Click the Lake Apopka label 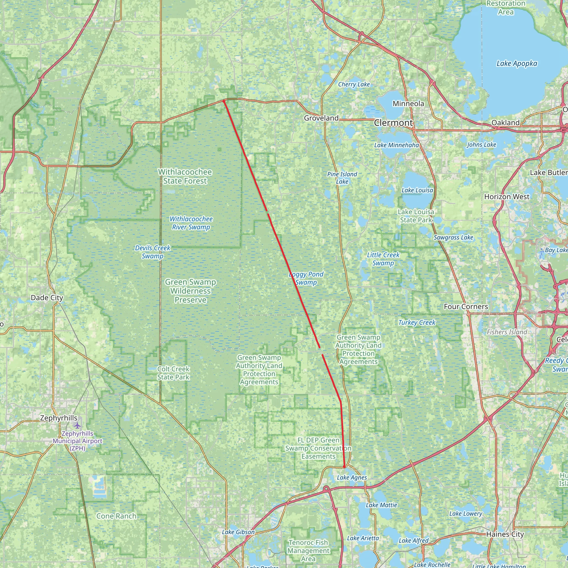tap(516, 64)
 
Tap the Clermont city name tap(393, 123)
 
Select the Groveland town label tap(321, 118)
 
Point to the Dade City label tap(47, 298)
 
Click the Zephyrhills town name tap(59, 418)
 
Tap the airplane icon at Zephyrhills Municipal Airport tap(77, 425)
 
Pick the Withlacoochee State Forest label tap(185, 176)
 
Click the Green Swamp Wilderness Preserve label tap(191, 291)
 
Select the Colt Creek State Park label tap(173, 373)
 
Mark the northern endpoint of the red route tap(224, 101)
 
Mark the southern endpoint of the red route tap(344, 466)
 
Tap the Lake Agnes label tap(352, 478)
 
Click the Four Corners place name tap(466, 306)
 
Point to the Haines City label tap(505, 534)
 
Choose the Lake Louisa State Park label tap(416, 216)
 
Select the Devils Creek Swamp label tap(153, 252)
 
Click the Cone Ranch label tap(116, 516)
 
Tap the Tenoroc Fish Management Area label tap(308, 550)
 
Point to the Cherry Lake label tap(354, 84)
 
